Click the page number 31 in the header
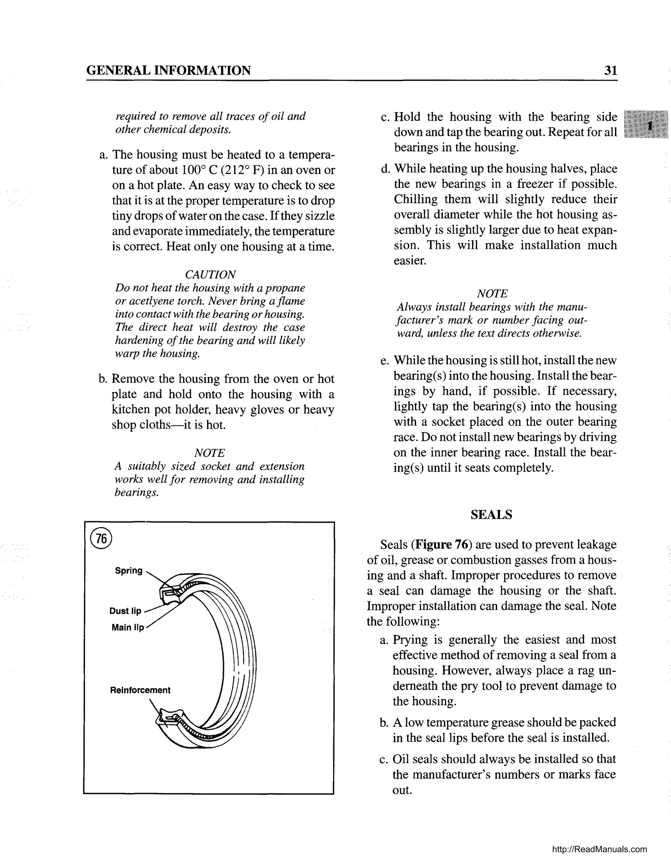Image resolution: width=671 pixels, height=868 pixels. click(610, 70)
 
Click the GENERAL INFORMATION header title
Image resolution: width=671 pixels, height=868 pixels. click(168, 70)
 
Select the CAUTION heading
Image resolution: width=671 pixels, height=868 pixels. click(210, 274)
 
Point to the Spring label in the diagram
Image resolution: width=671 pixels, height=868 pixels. click(128, 571)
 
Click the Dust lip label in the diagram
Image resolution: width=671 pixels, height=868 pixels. click(125, 611)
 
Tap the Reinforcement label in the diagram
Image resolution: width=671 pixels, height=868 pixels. click(140, 690)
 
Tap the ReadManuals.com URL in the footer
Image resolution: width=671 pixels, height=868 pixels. click(600, 849)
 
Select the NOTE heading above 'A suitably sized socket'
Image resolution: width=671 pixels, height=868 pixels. click(209, 453)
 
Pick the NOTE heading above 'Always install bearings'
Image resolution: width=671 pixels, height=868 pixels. click(492, 294)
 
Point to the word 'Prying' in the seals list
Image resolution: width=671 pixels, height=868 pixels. click(410, 640)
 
